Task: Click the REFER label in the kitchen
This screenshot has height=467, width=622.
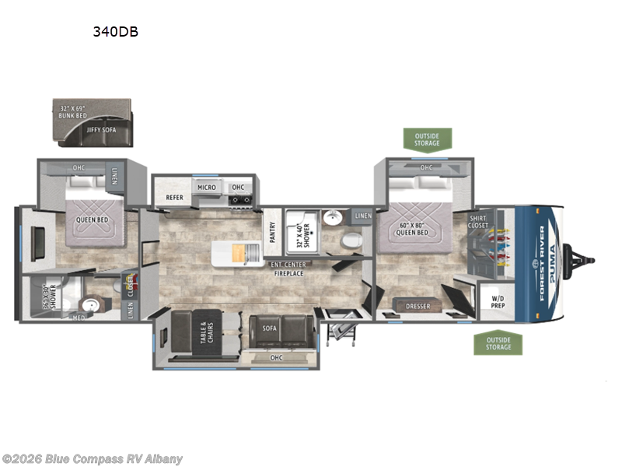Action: [174, 198]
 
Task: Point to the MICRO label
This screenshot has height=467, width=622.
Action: [206, 187]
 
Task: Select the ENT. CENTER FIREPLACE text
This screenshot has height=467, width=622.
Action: [288, 269]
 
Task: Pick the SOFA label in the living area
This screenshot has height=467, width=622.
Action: [269, 328]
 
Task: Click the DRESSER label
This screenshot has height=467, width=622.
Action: [418, 306]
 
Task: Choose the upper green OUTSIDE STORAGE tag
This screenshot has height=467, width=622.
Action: [427, 139]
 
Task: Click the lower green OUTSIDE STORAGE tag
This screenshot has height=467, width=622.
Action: [498, 342]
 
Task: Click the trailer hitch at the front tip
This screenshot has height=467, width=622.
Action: [583, 256]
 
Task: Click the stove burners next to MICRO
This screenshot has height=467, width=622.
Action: [241, 199]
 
